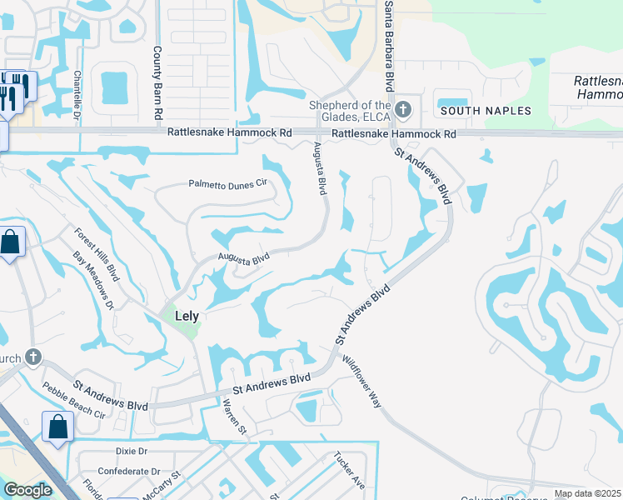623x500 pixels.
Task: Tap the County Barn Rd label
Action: (157, 83)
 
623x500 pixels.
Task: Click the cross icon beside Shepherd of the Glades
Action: (403, 110)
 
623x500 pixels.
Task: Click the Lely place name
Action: (188, 316)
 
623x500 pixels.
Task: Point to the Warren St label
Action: (234, 417)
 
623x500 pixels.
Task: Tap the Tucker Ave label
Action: (349, 471)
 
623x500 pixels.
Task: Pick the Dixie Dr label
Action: (132, 451)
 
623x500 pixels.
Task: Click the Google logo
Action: (27, 490)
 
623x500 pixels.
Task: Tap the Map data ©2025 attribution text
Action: (588, 494)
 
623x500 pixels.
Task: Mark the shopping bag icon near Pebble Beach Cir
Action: (59, 427)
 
